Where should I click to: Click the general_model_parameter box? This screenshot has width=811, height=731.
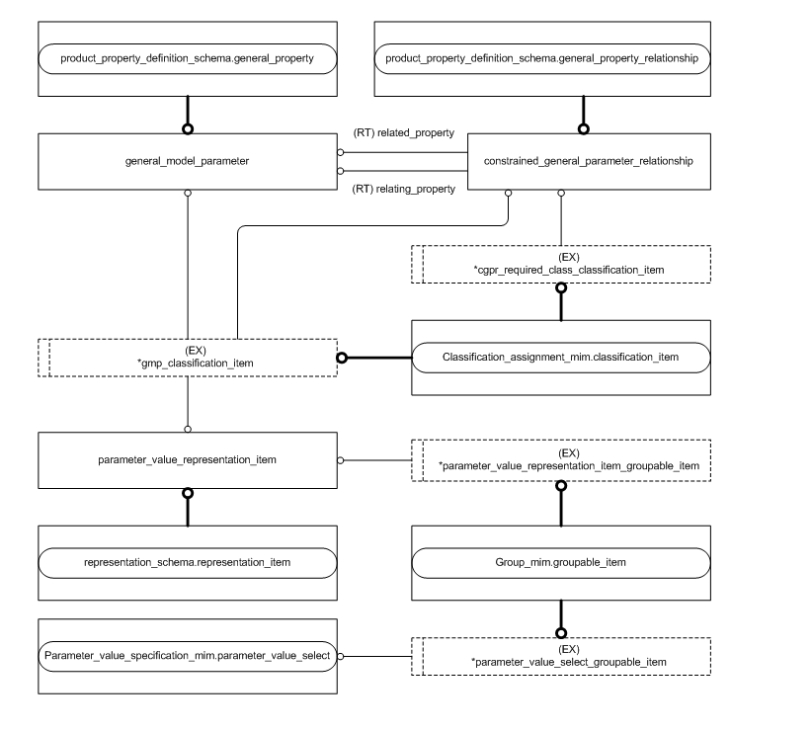pyautogui.click(x=187, y=162)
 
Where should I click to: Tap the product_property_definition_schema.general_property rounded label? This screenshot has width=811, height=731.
pyautogui.click(x=187, y=58)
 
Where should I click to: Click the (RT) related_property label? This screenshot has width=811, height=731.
pyautogui.click(x=402, y=132)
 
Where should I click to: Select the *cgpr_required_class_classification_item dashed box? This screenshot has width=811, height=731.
pyautogui.click(x=561, y=263)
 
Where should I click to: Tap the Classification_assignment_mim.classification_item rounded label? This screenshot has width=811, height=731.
pyautogui.click(x=560, y=357)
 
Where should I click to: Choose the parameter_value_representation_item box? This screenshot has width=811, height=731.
pyautogui.click(x=187, y=459)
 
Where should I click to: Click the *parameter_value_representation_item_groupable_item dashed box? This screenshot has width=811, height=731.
pyautogui.click(x=561, y=459)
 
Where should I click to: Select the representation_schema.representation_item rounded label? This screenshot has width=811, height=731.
pyautogui.click(x=187, y=562)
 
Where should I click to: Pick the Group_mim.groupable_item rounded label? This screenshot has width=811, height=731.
pyautogui.click(x=560, y=562)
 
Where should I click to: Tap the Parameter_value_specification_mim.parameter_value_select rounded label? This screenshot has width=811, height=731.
pyautogui.click(x=187, y=654)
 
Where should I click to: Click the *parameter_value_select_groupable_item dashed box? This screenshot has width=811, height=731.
pyautogui.click(x=561, y=654)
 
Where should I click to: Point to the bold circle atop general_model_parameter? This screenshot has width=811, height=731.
pyautogui.click(x=187, y=129)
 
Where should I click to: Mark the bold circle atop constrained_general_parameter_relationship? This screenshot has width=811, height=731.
pyautogui.click(x=583, y=129)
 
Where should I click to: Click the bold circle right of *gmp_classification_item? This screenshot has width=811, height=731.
pyautogui.click(x=342, y=357)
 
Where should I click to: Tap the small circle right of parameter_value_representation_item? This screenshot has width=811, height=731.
pyautogui.click(x=341, y=459)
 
